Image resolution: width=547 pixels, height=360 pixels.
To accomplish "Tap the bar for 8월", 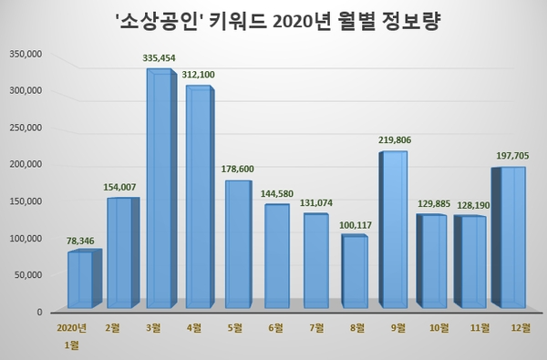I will tap(355, 271).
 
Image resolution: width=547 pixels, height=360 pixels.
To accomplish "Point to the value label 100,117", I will tap(356, 225).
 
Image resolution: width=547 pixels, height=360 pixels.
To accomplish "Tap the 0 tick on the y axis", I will tap(39, 312).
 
